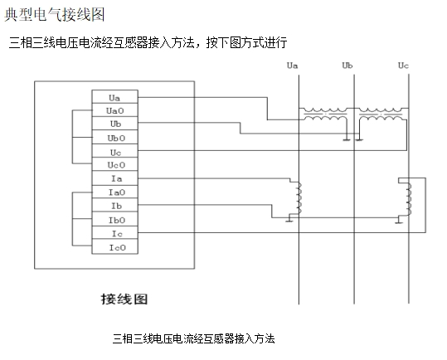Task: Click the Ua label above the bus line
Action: pyautogui.click(x=292, y=65)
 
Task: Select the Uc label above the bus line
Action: pyautogui.click(x=403, y=65)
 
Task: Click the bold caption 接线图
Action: pyautogui.click(x=124, y=297)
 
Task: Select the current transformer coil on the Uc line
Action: pyautogui.click(x=407, y=197)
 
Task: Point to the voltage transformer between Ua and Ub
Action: pyautogui.click(x=325, y=115)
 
